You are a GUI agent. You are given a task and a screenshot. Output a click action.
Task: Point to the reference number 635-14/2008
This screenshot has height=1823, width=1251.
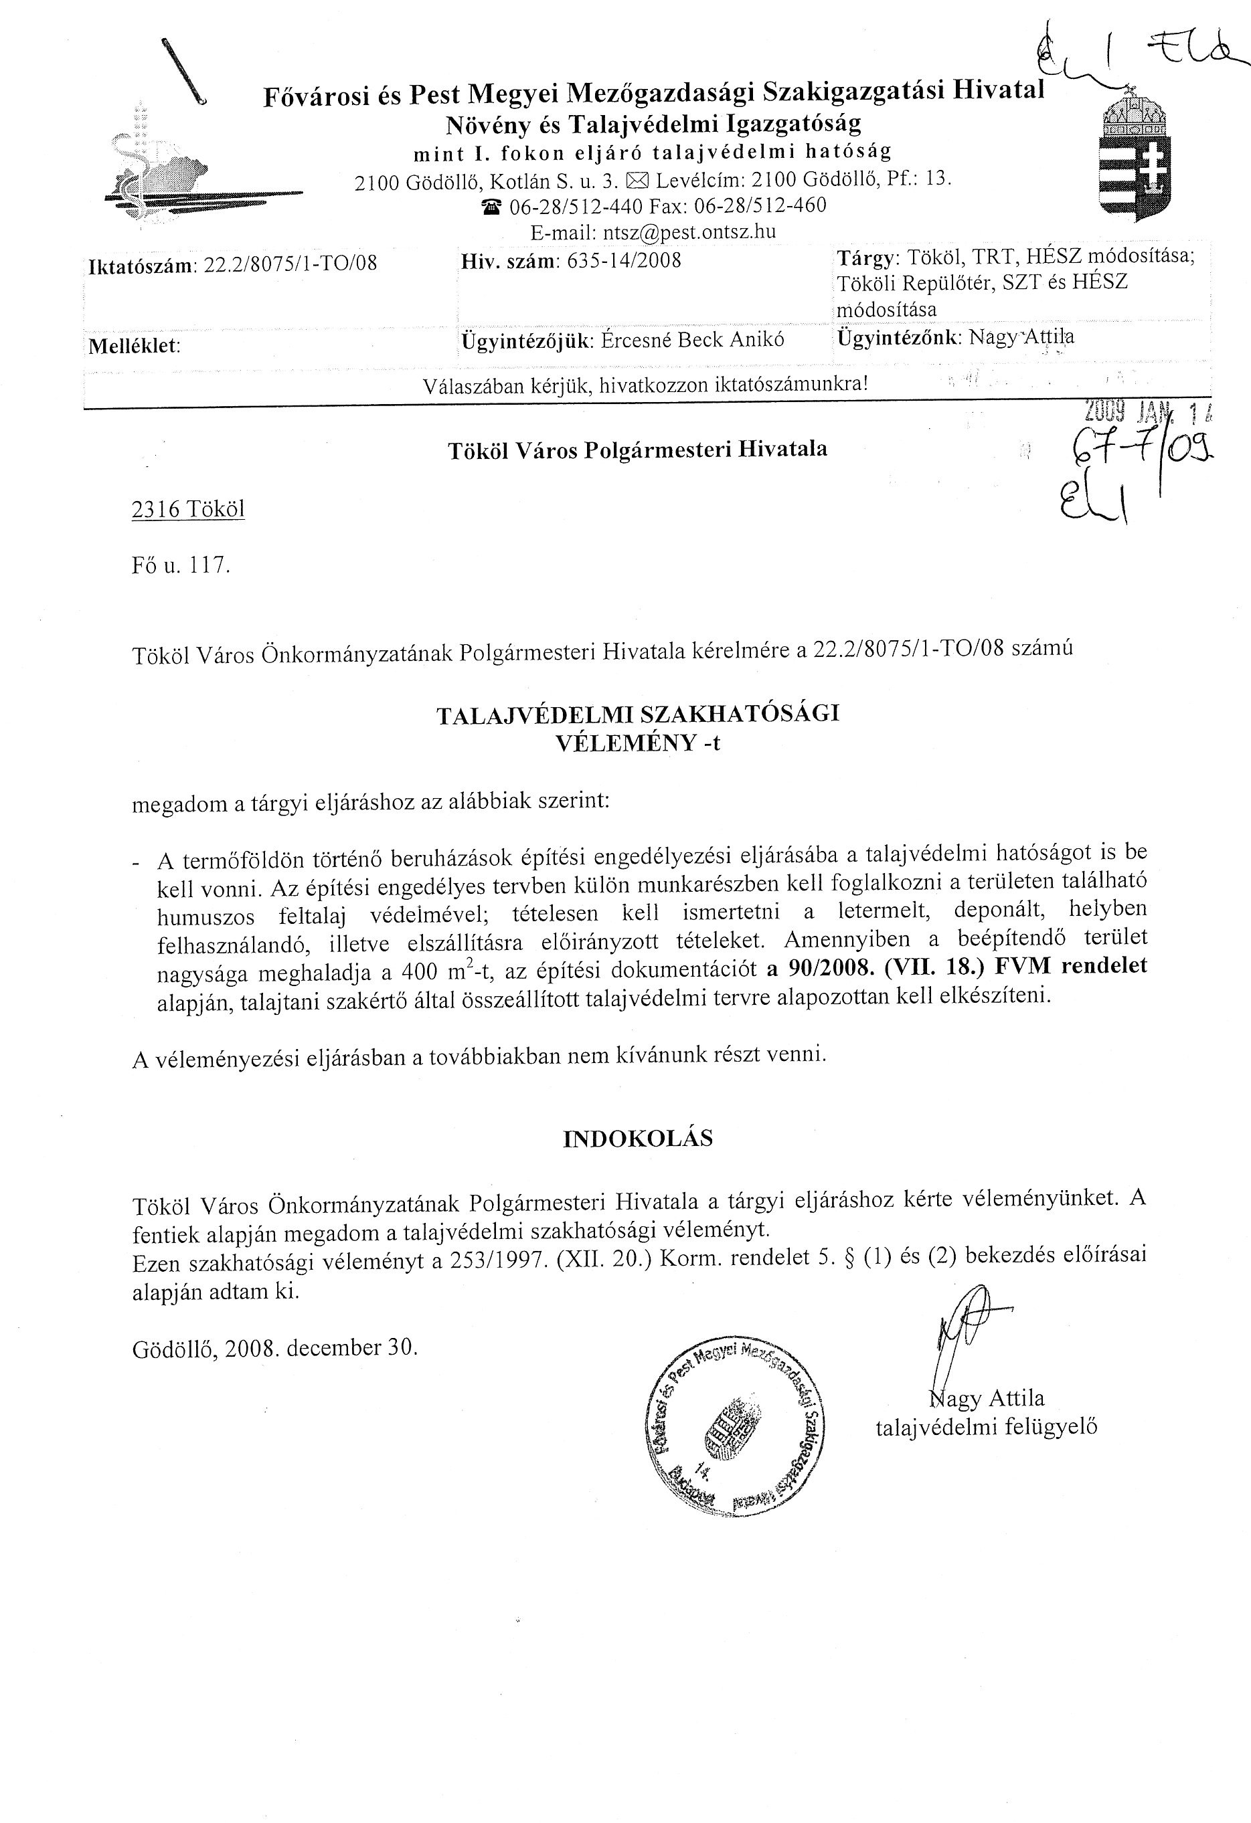point(623,260)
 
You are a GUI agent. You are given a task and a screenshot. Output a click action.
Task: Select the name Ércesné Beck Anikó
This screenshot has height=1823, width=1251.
point(692,339)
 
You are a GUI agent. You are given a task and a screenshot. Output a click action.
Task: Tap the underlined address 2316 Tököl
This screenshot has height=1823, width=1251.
point(188,510)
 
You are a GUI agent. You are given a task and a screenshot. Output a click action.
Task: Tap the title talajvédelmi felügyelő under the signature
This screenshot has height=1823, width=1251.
point(986,1427)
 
